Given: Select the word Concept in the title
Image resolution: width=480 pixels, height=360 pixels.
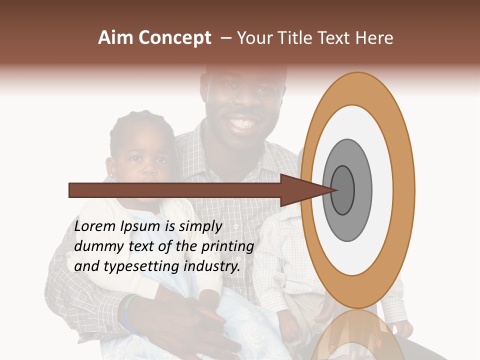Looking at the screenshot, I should pyautogui.click(x=175, y=38).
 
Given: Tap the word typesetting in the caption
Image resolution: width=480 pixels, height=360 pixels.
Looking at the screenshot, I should pyautogui.click(x=141, y=266).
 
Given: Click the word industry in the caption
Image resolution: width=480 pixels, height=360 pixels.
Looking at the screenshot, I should pyautogui.click(x=212, y=266).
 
